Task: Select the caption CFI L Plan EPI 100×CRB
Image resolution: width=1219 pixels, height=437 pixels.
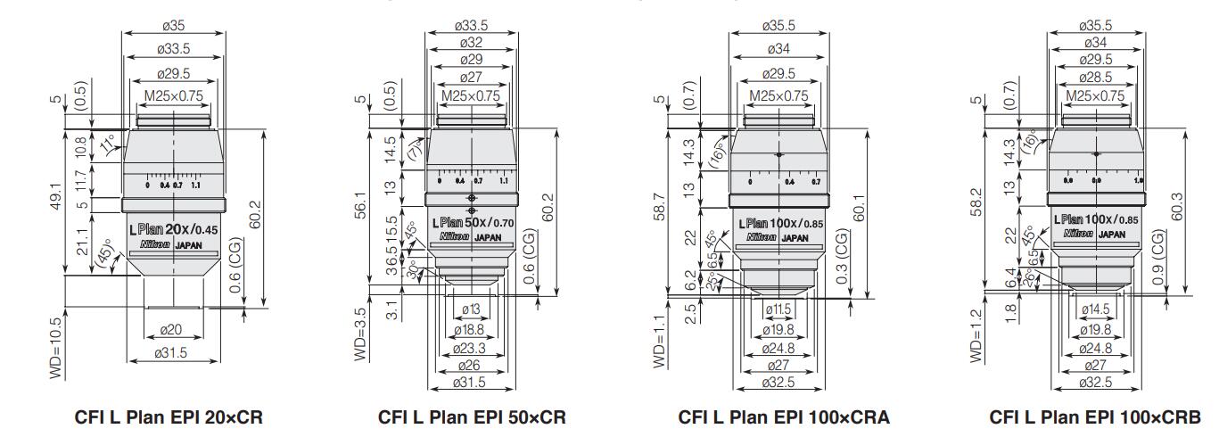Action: (x=1095, y=417)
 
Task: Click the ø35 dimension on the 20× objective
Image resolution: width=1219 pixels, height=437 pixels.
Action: (x=172, y=25)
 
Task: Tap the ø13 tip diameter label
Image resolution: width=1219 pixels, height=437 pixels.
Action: (x=471, y=309)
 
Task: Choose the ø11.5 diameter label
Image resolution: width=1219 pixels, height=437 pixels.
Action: (x=779, y=309)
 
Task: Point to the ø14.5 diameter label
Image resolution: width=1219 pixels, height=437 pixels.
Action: (x=1095, y=309)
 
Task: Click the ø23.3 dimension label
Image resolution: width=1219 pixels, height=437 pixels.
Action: (x=471, y=348)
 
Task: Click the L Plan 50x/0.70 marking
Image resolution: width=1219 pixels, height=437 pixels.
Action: (x=473, y=223)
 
